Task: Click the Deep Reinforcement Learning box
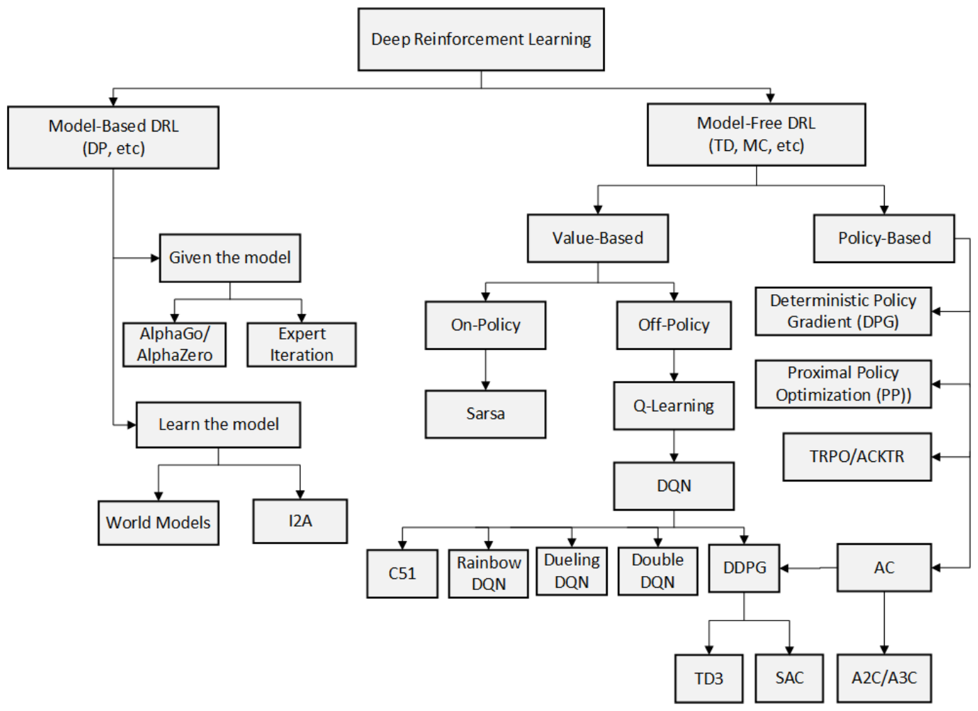481,39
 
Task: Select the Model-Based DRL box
113,138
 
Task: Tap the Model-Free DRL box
756,134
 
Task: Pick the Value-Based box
598,239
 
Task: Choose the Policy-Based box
884,239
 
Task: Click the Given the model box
230,258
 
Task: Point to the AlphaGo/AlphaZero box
175,344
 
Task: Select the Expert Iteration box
301,344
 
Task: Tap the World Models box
159,523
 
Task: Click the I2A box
301,521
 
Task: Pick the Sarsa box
485,414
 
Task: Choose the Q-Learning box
674,406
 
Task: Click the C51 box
402,573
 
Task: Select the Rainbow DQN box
489,573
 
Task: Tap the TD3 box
709,679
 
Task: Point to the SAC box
789,678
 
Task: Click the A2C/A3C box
884,678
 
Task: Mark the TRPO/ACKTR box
857,457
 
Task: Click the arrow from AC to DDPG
808,568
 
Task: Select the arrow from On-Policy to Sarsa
485,369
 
